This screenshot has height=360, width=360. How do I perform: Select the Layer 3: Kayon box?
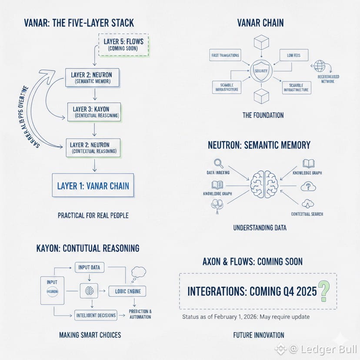click(x=93, y=112)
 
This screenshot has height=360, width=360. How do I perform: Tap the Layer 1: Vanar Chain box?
click(x=93, y=186)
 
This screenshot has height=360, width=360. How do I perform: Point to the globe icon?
click(x=320, y=67)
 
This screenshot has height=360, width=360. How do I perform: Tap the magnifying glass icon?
click(x=219, y=164)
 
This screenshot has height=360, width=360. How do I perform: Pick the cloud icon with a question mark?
click(x=308, y=186)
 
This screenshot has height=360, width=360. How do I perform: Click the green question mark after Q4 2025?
click(x=323, y=291)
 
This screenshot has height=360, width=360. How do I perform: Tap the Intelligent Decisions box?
click(x=96, y=315)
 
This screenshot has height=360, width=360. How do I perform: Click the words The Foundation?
click(x=263, y=115)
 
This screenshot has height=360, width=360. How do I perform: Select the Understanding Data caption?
click(x=260, y=227)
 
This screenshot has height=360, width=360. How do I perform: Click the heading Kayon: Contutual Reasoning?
click(x=88, y=248)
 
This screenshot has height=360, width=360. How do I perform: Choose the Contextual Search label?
click(x=307, y=214)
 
